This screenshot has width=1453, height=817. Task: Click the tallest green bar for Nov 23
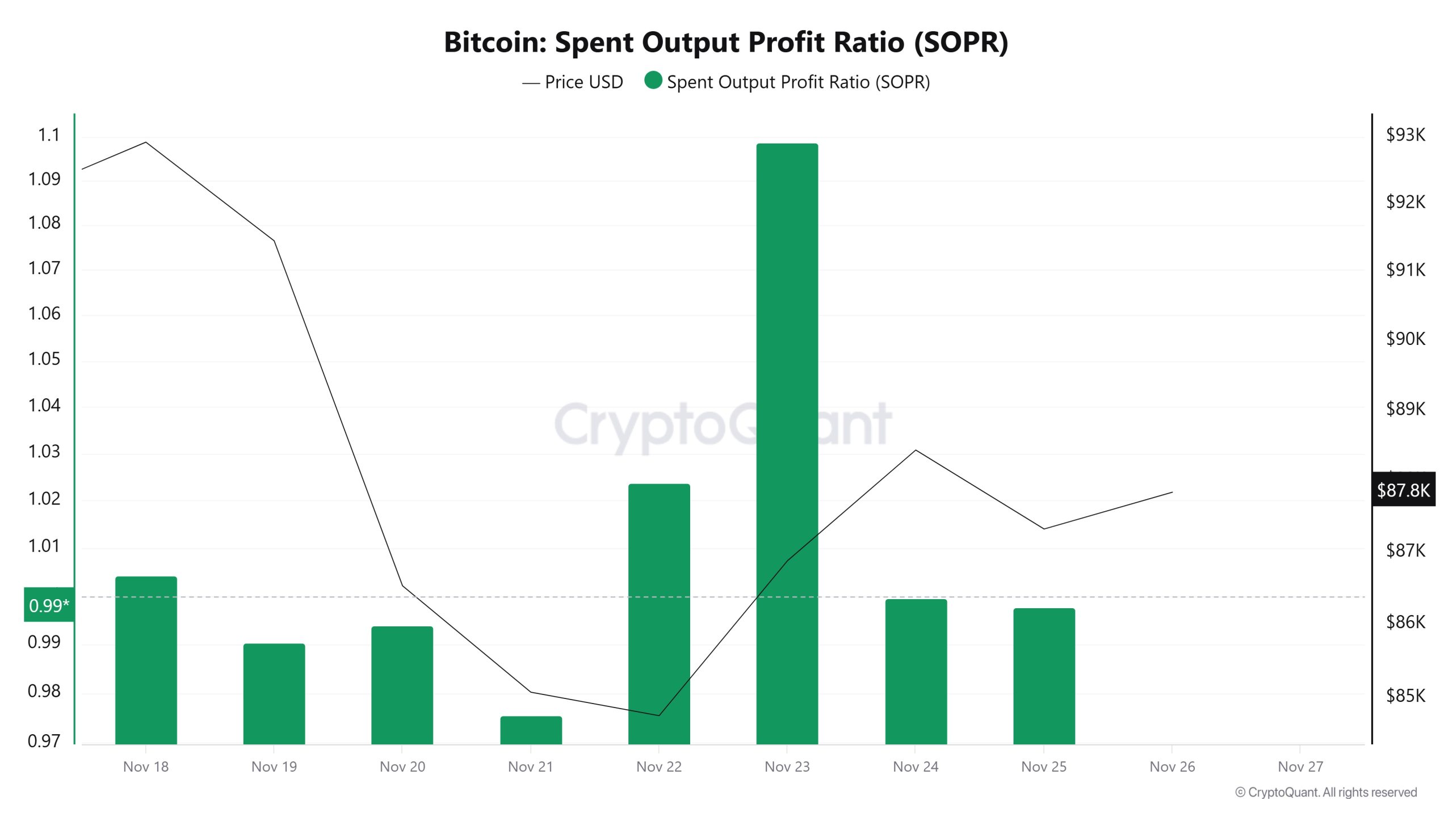click(787, 443)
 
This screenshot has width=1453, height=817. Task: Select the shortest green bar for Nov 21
click(531, 730)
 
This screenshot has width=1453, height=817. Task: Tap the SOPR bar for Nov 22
click(659, 613)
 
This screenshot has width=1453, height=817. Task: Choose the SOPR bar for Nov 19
click(274, 693)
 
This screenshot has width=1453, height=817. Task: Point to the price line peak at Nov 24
click(916, 450)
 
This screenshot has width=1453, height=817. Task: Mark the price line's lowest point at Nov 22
click(659, 715)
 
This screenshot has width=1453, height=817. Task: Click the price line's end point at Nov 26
click(1172, 492)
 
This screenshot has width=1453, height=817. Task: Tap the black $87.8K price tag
click(1403, 490)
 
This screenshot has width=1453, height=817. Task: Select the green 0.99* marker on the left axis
click(49, 605)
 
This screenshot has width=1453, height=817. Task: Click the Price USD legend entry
click(573, 82)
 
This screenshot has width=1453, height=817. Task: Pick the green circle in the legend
click(653, 81)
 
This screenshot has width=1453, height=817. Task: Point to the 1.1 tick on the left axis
click(49, 135)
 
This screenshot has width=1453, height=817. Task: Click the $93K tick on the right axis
click(1405, 135)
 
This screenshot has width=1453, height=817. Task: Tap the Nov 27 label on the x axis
click(1300, 767)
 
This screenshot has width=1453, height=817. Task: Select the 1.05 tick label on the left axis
click(44, 359)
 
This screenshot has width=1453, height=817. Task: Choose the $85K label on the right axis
click(1405, 695)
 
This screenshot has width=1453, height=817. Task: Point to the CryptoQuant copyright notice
click(1326, 792)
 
